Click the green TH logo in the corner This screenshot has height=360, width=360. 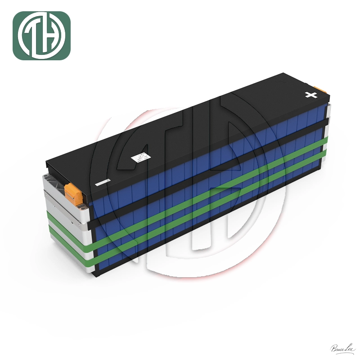(x=41, y=36)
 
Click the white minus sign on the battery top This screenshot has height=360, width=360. (x=103, y=183)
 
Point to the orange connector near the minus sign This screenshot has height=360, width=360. (x=73, y=191)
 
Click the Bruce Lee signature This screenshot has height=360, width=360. (x=342, y=348)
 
